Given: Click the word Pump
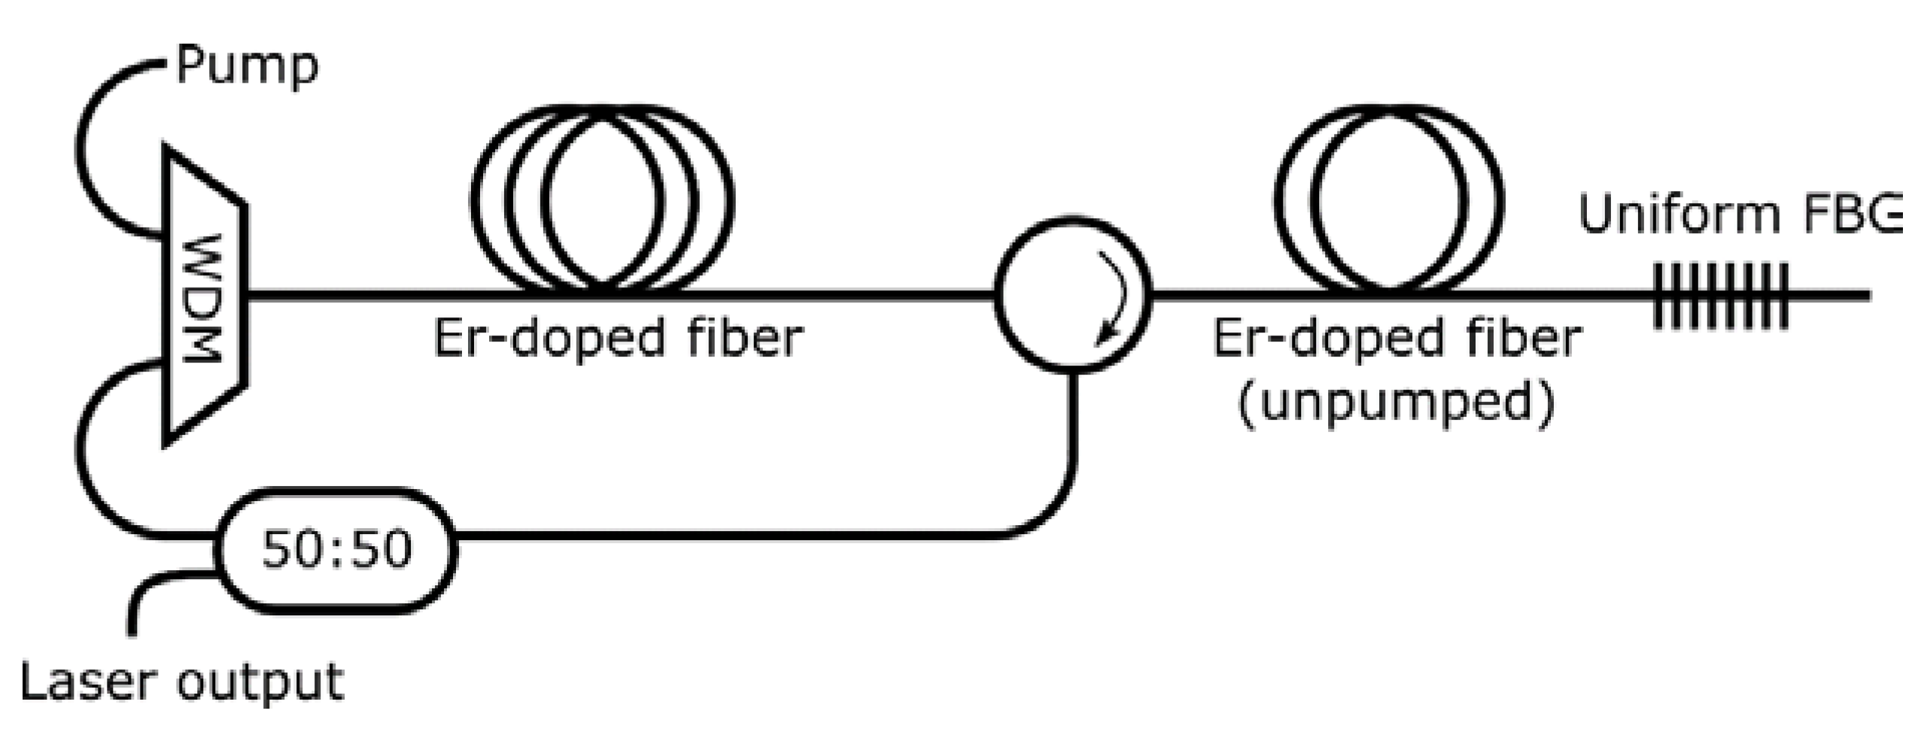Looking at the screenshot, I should (247, 67).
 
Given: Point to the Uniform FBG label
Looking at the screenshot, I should (1738, 214).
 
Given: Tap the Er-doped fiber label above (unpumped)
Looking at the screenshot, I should (1397, 338).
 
